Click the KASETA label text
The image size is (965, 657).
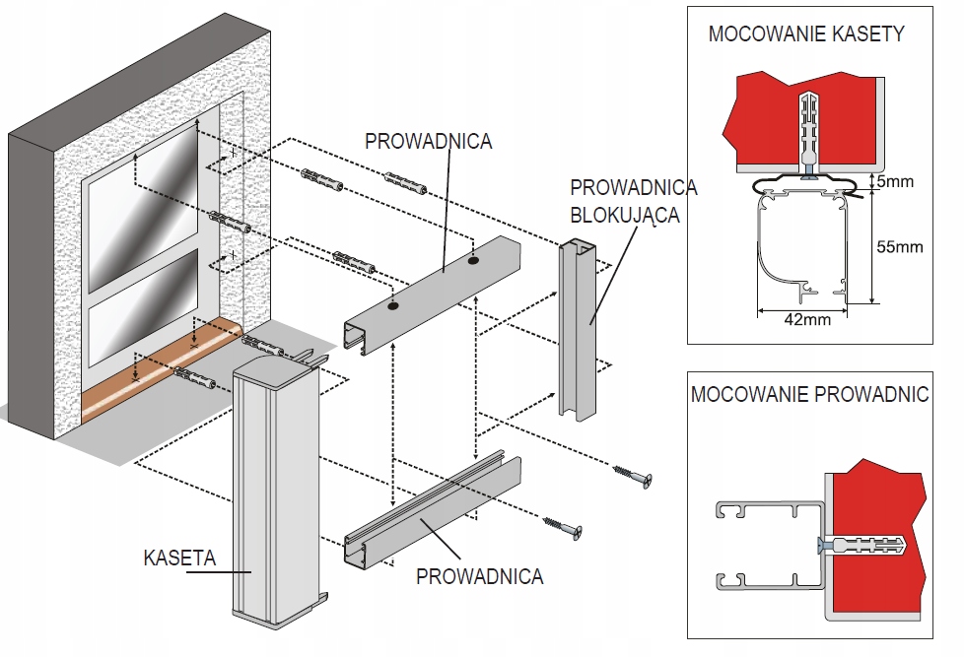pyautogui.click(x=179, y=558)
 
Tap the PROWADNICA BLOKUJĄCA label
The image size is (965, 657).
pyautogui.click(x=633, y=201)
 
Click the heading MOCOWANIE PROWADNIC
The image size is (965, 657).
pyautogui.click(x=809, y=395)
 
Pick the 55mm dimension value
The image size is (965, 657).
pyautogui.click(x=898, y=246)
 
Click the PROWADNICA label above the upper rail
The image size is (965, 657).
pyautogui.click(x=428, y=141)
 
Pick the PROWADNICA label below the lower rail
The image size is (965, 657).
pyautogui.click(x=479, y=576)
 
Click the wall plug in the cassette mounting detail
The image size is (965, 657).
pyautogui.click(x=807, y=128)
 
